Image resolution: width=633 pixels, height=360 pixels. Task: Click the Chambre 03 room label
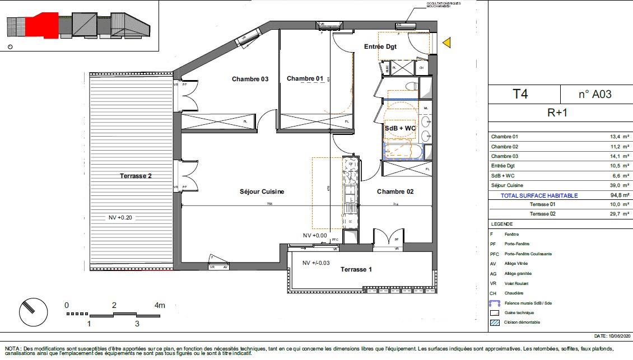pyautogui.click(x=250, y=79)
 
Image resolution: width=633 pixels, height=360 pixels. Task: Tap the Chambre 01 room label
pyautogui.click(x=305, y=78)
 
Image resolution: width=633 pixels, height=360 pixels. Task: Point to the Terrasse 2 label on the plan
pyautogui.click(x=136, y=176)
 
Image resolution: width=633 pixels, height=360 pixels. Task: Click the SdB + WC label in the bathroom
pyautogui.click(x=400, y=128)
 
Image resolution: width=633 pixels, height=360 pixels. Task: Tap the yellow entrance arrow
pyautogui.click(x=446, y=43)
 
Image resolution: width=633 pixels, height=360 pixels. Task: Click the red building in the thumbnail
pyautogui.click(x=43, y=25)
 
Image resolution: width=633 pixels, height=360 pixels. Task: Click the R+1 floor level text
pyautogui.click(x=557, y=112)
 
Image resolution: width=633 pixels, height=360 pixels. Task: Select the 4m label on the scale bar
pyautogui.click(x=160, y=306)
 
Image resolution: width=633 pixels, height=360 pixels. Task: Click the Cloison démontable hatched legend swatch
pyautogui.click(x=494, y=322)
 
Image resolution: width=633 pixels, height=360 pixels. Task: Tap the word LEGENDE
pyautogui.click(x=501, y=223)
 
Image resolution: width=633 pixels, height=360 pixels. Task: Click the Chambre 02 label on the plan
pyautogui.click(x=395, y=191)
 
